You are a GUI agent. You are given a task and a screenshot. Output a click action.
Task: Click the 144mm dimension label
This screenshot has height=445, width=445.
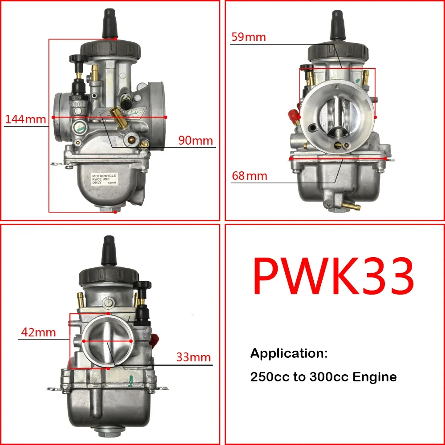(x=25, y=119)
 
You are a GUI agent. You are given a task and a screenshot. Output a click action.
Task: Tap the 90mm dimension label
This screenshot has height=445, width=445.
(x=196, y=141)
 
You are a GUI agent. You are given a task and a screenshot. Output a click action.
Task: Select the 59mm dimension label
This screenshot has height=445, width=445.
(x=248, y=37)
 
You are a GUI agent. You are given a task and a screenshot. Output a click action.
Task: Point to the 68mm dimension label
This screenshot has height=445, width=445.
(x=249, y=176)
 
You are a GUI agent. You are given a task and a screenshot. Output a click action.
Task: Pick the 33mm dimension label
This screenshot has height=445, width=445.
(x=193, y=357)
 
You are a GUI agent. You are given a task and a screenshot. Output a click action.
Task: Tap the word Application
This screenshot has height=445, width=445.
(x=289, y=354)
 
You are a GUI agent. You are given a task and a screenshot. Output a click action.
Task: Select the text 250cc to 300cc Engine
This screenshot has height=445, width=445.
(x=324, y=377)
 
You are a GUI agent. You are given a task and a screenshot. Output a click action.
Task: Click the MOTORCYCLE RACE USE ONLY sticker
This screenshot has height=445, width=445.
(x=104, y=179)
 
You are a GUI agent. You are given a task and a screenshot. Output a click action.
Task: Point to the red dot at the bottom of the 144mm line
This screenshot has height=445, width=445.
(x=115, y=212)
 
